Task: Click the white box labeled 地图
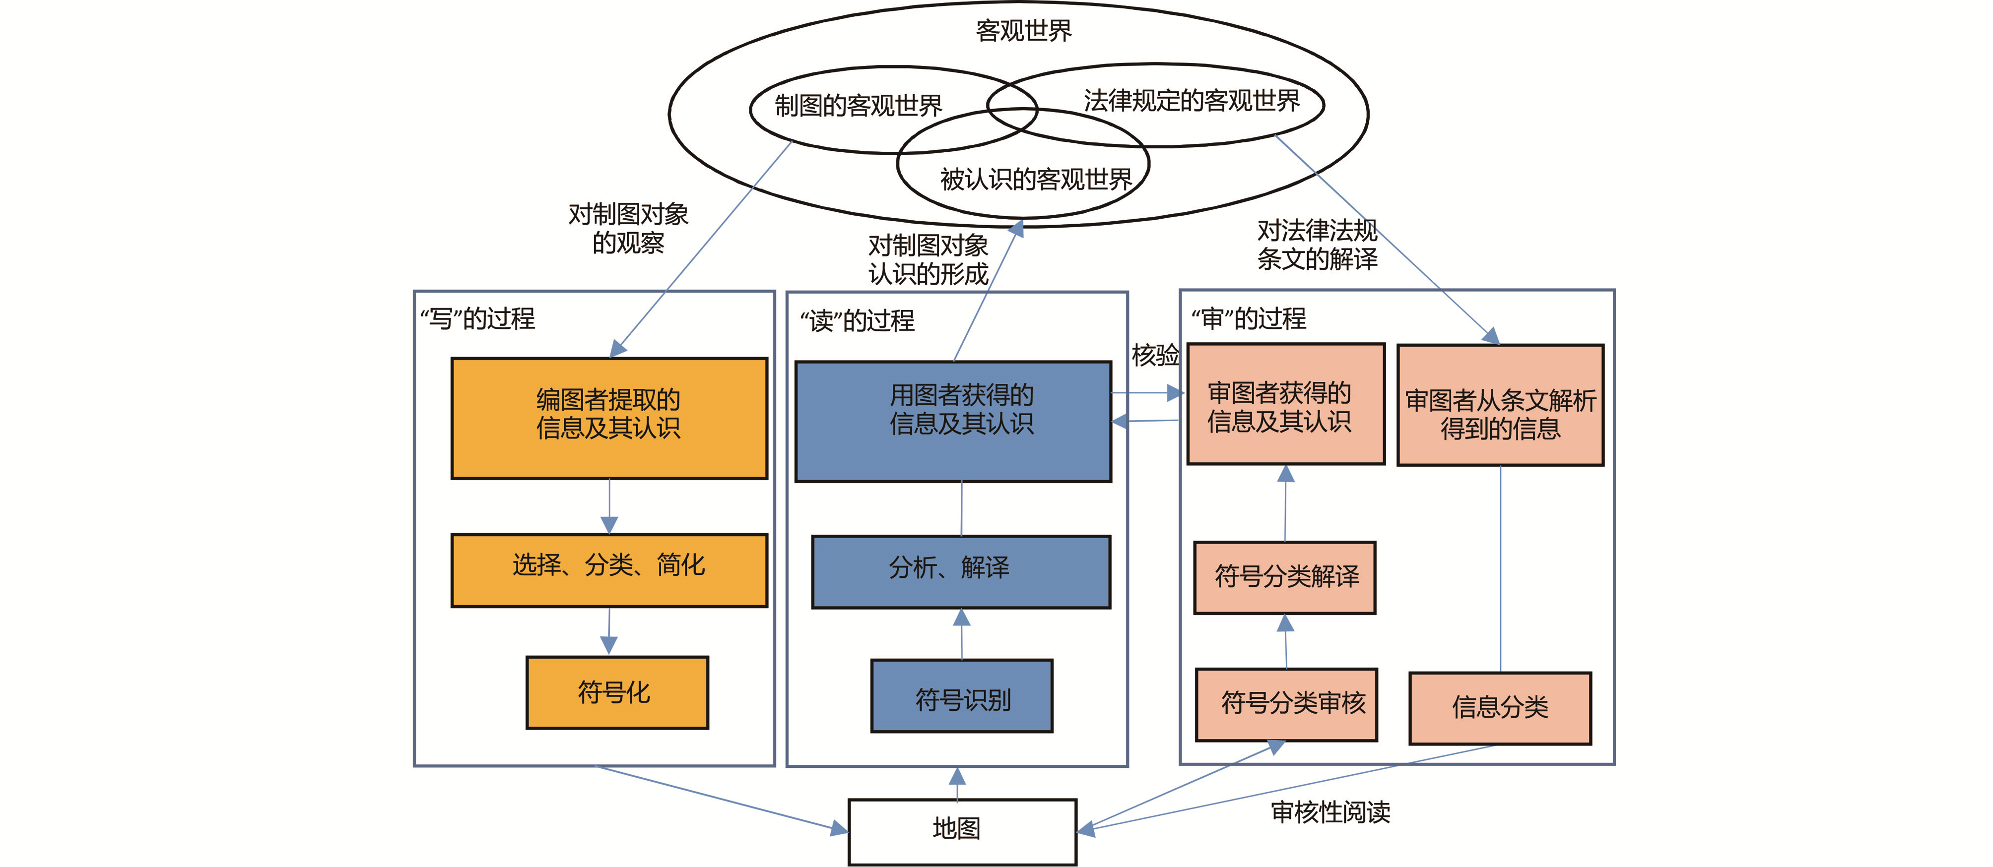962,831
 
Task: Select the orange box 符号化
617,692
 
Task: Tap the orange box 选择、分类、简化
609,570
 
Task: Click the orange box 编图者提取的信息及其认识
609,418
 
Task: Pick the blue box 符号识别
962,695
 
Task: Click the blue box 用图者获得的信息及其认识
953,422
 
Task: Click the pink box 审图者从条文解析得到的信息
1500,405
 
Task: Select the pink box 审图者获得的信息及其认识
1286,404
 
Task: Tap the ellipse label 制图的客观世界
858,105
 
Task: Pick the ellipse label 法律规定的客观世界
1192,101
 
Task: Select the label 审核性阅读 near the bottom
1330,812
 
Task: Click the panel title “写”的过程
477,318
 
